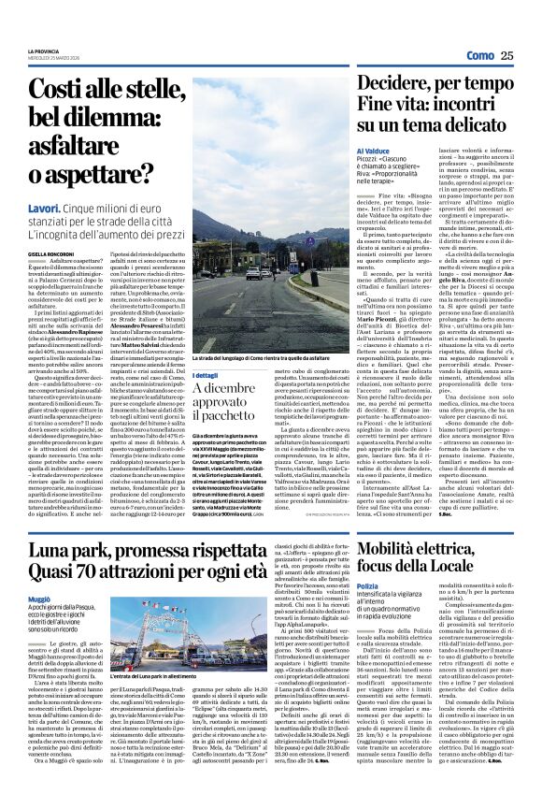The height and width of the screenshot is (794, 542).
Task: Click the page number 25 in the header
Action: point(506,56)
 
